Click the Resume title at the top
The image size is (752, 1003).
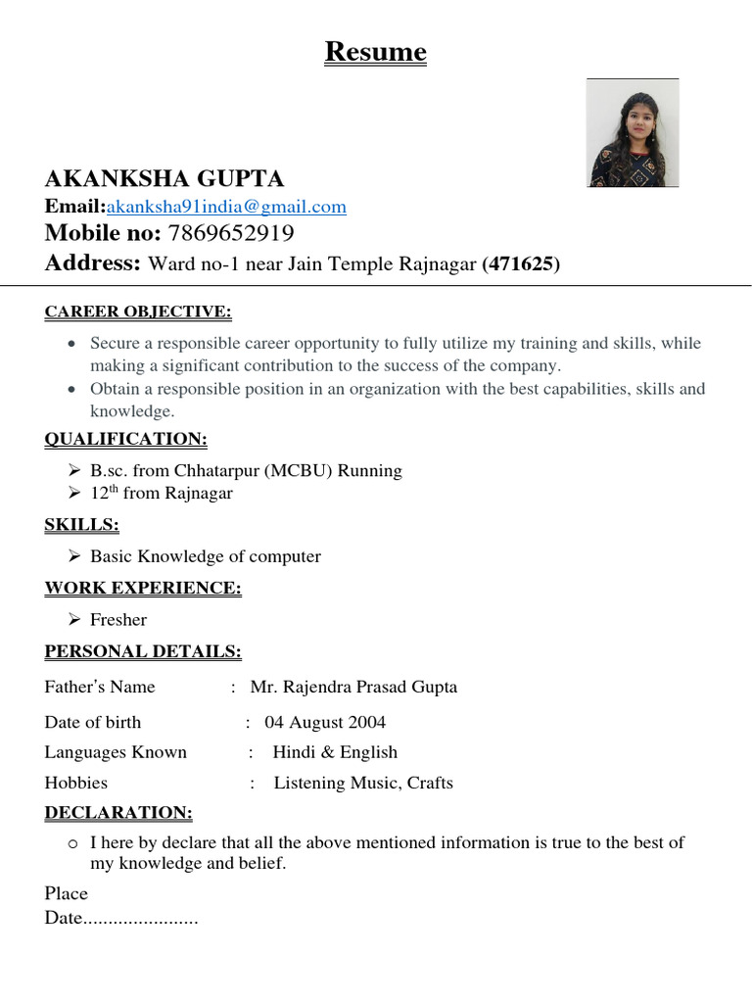point(376,52)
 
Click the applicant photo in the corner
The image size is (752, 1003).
point(633,133)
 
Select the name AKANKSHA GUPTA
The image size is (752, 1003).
point(164,178)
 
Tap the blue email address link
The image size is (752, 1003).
point(226,207)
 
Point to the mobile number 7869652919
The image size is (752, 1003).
point(231,233)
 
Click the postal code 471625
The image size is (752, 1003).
point(521,263)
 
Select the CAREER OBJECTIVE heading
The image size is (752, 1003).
point(138,312)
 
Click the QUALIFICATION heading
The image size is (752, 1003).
point(125,439)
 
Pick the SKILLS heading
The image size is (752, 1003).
point(81,525)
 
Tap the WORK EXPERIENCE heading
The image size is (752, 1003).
point(143,588)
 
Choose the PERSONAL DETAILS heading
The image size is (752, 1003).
point(143,651)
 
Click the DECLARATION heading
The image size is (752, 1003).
point(118,813)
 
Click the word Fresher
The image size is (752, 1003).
point(118,620)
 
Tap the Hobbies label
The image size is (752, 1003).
point(76,784)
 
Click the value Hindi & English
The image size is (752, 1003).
point(335,753)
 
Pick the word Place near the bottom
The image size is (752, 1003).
point(67,894)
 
